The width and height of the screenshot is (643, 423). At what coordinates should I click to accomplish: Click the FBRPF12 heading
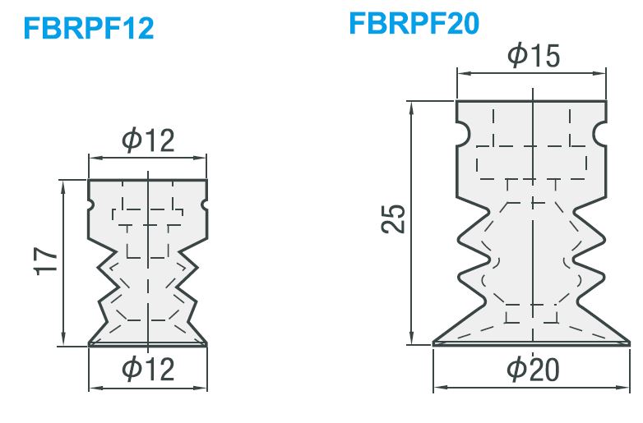coord(89,28)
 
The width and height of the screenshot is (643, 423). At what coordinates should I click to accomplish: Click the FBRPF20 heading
coord(414,23)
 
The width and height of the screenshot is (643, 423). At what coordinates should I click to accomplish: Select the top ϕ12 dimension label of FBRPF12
coord(148,140)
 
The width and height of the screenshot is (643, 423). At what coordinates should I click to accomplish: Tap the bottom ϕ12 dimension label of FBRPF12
coord(148,369)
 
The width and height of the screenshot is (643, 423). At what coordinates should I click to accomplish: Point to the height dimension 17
coord(45,261)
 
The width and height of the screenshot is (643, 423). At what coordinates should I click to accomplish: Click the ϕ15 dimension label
coord(533,55)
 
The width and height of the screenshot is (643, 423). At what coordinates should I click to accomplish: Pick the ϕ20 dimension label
coord(533,370)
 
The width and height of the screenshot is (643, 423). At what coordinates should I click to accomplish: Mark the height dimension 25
coord(393,218)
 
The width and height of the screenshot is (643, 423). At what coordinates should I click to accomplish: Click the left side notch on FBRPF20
coord(462,134)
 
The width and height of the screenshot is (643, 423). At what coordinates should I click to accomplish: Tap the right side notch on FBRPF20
coord(600,134)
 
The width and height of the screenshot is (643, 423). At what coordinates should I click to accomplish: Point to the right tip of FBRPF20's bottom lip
coord(629,343)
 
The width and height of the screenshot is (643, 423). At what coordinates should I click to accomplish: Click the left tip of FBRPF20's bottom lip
coord(433,343)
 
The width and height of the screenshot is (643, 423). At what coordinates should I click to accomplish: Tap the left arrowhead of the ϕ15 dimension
coord(462,74)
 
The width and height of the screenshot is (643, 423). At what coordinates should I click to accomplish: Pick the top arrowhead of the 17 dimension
coord(63,186)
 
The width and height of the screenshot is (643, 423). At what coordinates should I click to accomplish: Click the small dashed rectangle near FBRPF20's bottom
coord(532,314)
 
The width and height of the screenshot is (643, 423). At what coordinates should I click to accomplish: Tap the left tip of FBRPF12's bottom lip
coord(90,344)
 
